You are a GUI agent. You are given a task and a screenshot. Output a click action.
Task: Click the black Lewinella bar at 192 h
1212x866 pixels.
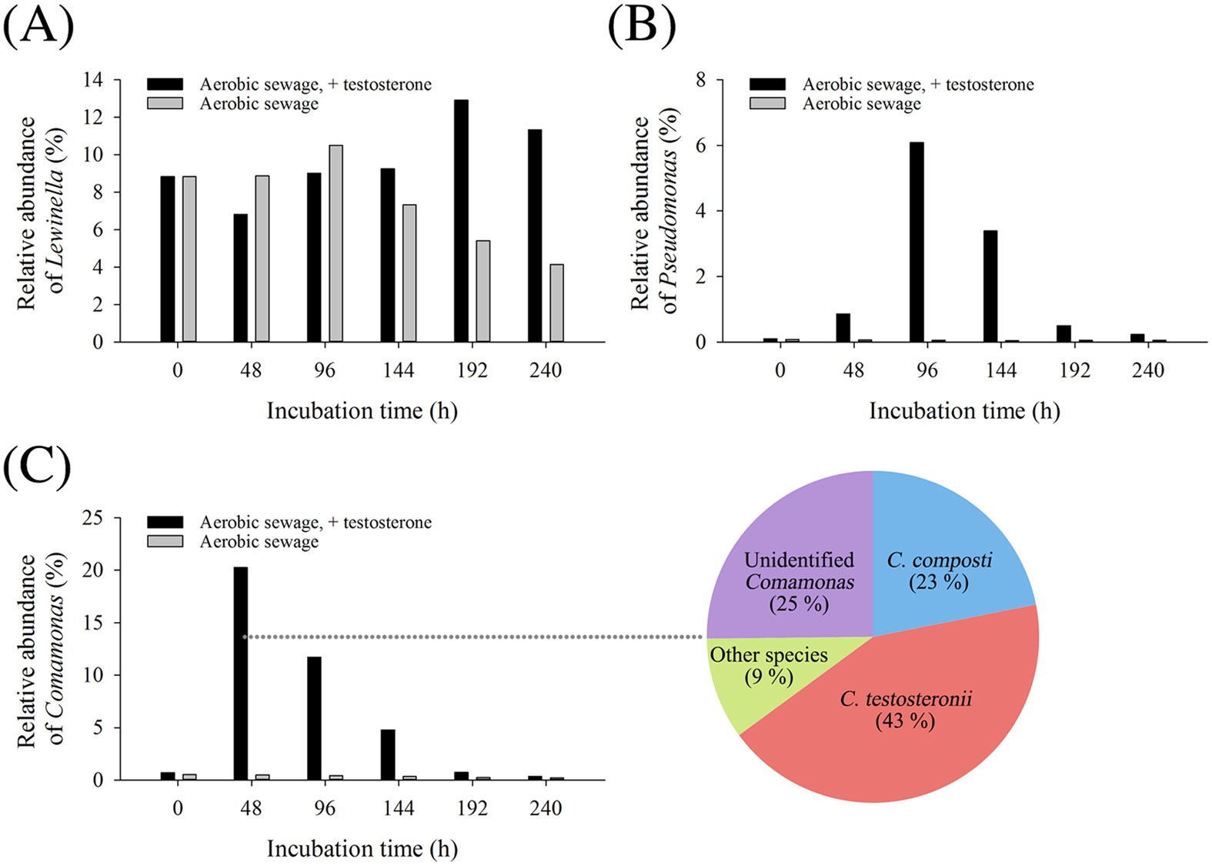(x=461, y=221)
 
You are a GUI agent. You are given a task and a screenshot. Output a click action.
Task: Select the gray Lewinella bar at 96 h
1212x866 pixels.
(x=336, y=243)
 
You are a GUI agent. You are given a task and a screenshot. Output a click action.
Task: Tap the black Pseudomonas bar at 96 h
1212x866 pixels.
(x=917, y=242)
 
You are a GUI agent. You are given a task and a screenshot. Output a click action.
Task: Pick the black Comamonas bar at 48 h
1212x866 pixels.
(x=241, y=674)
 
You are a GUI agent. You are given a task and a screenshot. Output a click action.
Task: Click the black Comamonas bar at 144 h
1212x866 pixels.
(x=388, y=754)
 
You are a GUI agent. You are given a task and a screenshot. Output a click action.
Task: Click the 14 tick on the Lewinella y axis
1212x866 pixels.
(x=93, y=80)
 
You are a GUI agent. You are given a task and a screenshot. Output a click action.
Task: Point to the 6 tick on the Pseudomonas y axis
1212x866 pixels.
(x=700, y=145)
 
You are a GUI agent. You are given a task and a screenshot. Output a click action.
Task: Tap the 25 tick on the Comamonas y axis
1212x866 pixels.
(x=92, y=518)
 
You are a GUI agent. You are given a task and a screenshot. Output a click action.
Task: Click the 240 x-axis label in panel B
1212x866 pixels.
(x=1147, y=370)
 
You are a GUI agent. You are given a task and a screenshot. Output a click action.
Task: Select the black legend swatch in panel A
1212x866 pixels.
(x=165, y=84)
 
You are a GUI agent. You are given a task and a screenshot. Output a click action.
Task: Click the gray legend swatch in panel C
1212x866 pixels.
(x=165, y=541)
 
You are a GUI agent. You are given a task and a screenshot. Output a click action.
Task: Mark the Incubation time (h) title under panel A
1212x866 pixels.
(x=362, y=411)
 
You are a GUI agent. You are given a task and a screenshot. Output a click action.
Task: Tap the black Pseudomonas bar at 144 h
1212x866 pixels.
(x=990, y=286)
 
